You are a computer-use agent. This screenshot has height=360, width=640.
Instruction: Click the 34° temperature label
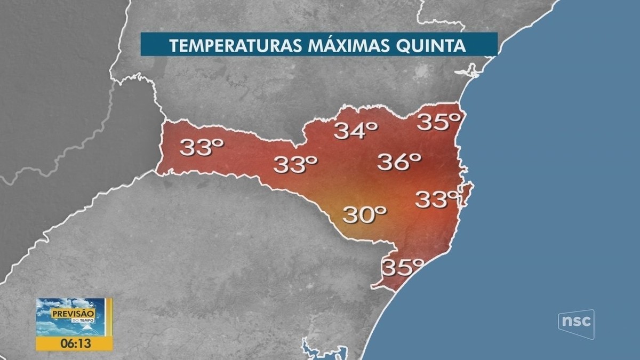pos(356,131)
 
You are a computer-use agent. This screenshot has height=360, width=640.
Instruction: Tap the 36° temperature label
pos(399,162)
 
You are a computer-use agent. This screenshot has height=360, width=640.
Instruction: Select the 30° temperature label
pos(364,214)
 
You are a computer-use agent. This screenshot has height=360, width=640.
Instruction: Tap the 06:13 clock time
pos(74,343)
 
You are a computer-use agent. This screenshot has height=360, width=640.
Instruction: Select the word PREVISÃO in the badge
pos(73,314)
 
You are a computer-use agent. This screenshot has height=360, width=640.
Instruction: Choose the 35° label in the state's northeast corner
pos(438,122)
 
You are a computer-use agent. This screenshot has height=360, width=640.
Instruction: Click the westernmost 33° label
pos(201,147)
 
